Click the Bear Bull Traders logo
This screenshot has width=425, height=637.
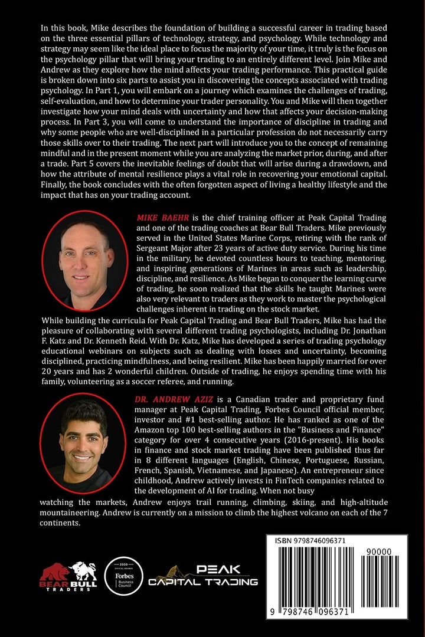pos(67,576)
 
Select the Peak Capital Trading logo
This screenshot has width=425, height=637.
pos(202,575)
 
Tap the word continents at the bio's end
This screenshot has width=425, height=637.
pos(60,523)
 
